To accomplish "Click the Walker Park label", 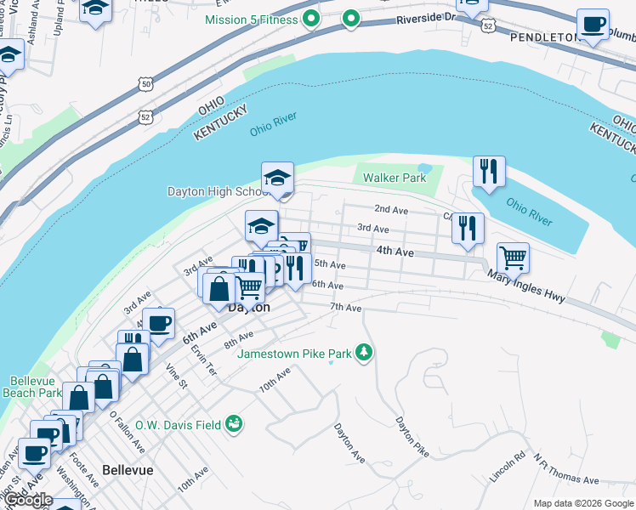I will click(395, 178).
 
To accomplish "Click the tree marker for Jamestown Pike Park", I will click(364, 351).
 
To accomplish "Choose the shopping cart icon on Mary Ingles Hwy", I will click(513, 257).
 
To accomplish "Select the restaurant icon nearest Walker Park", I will click(488, 173).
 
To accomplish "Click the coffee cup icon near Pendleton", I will click(593, 25).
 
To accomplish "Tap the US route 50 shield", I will click(145, 84).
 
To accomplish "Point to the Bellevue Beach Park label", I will click(36, 387).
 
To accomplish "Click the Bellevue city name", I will click(127, 469).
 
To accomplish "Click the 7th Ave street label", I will click(346, 307).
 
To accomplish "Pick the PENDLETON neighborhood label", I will click(542, 37).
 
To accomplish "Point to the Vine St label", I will click(176, 375).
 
